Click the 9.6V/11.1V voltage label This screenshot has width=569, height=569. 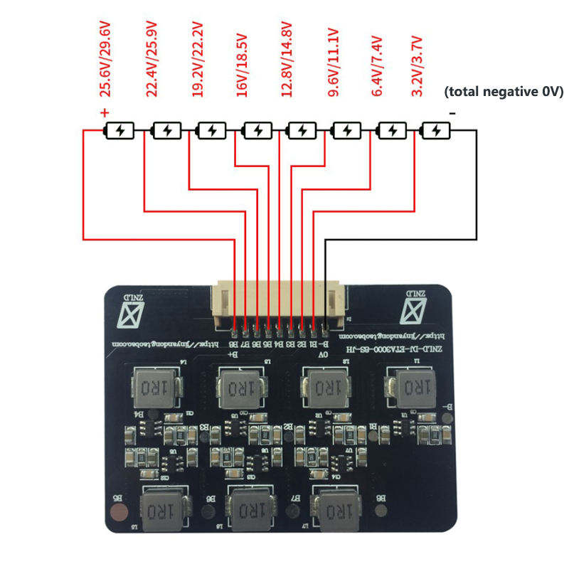coord(331,63)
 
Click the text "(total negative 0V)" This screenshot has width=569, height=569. coord(503,91)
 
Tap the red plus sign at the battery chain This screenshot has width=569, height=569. coord(105,112)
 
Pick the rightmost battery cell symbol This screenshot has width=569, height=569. coord(436,131)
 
